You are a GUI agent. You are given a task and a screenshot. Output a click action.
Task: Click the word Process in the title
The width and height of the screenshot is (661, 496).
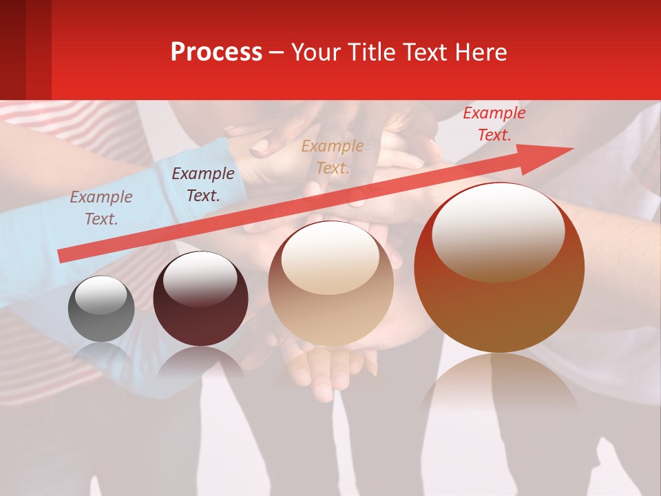pyautogui.click(x=216, y=52)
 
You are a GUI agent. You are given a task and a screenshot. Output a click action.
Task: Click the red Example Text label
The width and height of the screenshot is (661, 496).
pyautogui.click(x=494, y=124)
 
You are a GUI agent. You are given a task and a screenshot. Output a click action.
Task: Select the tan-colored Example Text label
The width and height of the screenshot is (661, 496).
pyautogui.click(x=333, y=156)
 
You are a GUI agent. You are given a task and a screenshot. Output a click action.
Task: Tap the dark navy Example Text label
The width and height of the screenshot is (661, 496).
pyautogui.click(x=202, y=185)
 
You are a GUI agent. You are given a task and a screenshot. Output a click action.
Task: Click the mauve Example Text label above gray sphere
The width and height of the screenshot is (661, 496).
pyautogui.click(x=101, y=207)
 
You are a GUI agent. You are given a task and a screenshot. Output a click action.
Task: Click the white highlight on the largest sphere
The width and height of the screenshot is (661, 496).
pyautogui.click(x=499, y=231)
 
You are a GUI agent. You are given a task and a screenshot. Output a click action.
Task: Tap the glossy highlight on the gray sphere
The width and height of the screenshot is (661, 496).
pyautogui.click(x=101, y=295)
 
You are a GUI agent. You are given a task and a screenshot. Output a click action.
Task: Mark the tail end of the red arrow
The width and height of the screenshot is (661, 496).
pyautogui.click(x=62, y=256)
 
